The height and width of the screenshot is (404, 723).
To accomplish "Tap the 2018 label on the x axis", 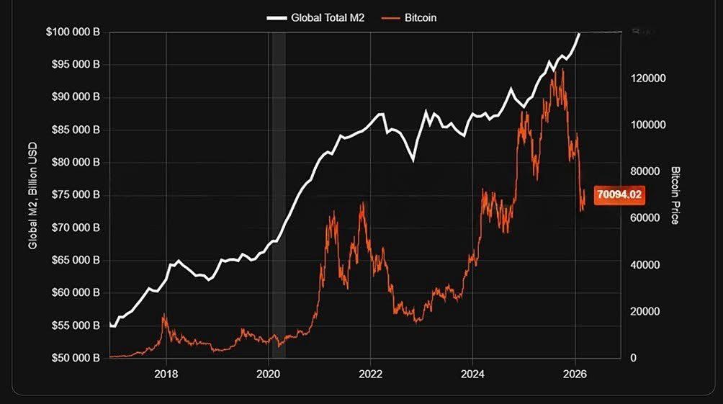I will coord(166,374).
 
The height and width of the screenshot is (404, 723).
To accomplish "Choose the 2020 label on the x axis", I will coord(268,374).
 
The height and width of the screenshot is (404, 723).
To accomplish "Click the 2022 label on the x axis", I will coord(370,374).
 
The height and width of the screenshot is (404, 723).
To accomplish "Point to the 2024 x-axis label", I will coord(472,374).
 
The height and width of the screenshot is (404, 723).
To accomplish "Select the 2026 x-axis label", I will coord(575,374).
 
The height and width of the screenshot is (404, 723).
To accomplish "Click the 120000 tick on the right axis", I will coord(646,78).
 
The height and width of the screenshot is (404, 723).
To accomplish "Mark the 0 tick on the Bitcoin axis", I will coord(633,358).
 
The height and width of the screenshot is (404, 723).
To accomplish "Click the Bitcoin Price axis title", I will coord(675,195).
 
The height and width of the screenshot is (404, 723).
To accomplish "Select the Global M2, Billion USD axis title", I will coord(32,194).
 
